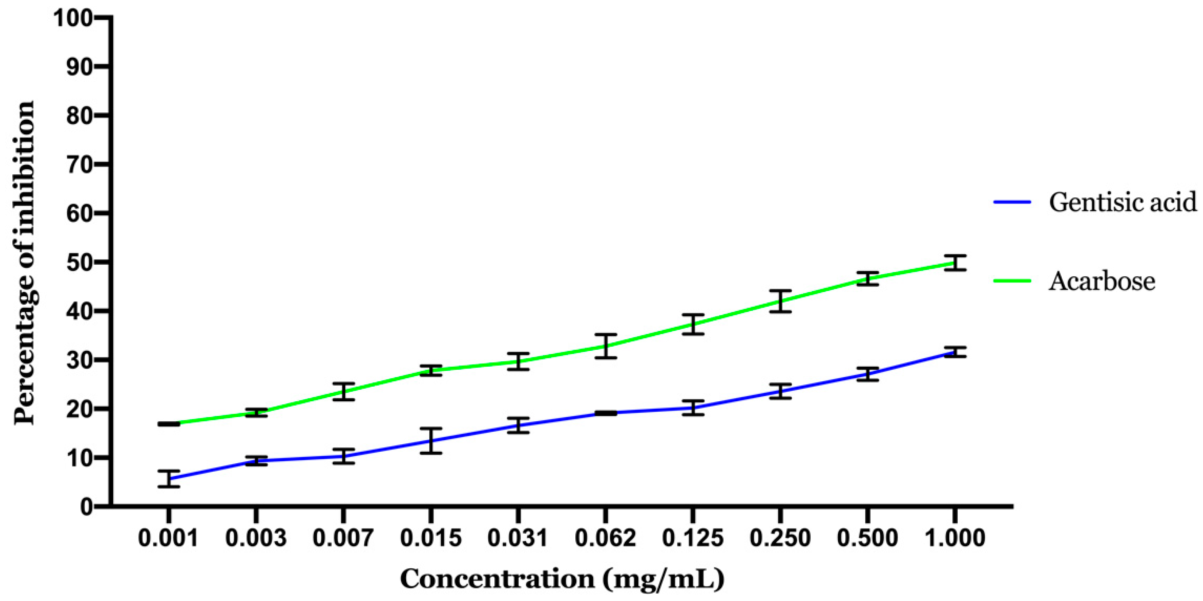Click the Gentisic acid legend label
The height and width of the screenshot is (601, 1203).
tap(1123, 202)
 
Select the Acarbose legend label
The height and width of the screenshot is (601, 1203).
tap(1102, 281)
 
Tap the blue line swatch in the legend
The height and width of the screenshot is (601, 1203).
tap(1012, 202)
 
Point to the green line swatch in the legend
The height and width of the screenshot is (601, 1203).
tap(1012, 281)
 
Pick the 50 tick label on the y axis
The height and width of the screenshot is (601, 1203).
tap(79, 262)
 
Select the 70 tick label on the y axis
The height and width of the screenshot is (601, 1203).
tap(79, 165)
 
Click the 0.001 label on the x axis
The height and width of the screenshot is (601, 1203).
tap(169, 538)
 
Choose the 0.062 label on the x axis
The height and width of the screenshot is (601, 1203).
tap(605, 538)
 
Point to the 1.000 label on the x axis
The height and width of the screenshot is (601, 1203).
tap(955, 538)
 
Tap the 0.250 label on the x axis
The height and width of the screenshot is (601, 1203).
tap(780, 538)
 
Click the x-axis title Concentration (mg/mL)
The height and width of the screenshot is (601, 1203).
tap(563, 579)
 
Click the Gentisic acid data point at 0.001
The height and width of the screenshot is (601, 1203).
tap(169, 479)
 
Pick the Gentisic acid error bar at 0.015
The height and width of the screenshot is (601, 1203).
tap(431, 441)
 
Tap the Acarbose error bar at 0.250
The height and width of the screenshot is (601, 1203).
tap(780, 301)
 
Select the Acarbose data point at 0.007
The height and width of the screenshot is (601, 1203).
tap(343, 391)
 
